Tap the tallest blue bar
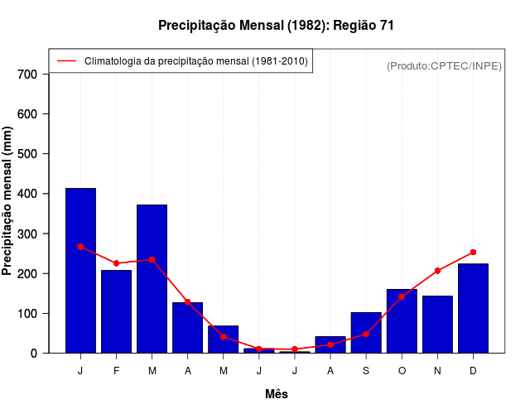[x=80, y=270]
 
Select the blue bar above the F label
[x=116, y=311]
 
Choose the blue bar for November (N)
[x=437, y=325]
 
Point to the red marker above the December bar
[x=473, y=252]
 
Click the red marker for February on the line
[x=116, y=263]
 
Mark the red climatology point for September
[x=366, y=334]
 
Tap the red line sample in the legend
[x=67, y=61]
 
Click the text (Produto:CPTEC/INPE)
[x=444, y=65]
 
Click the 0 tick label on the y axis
[x=34, y=354]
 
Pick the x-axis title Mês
[x=277, y=394]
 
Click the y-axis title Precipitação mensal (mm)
[x=8, y=201]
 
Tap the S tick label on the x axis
[x=366, y=371]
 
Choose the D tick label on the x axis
[x=473, y=371]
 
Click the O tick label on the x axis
[x=402, y=371]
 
